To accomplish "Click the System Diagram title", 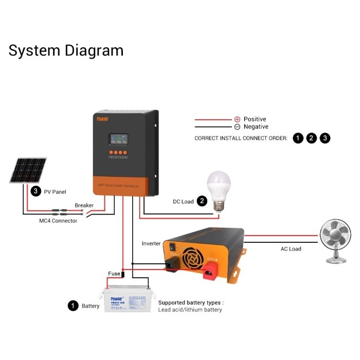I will click(66, 51).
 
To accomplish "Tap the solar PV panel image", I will click(28, 171).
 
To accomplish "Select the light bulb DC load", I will click(218, 190).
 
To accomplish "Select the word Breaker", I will click(84, 205).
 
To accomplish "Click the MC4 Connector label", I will click(58, 221).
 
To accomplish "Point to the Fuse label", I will click(114, 274).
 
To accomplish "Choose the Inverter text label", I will click(151, 243).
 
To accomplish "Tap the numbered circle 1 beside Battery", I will click(73, 306).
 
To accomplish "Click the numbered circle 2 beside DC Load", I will click(203, 201).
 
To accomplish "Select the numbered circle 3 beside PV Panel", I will click(35, 191).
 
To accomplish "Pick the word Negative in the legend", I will click(256, 127).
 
